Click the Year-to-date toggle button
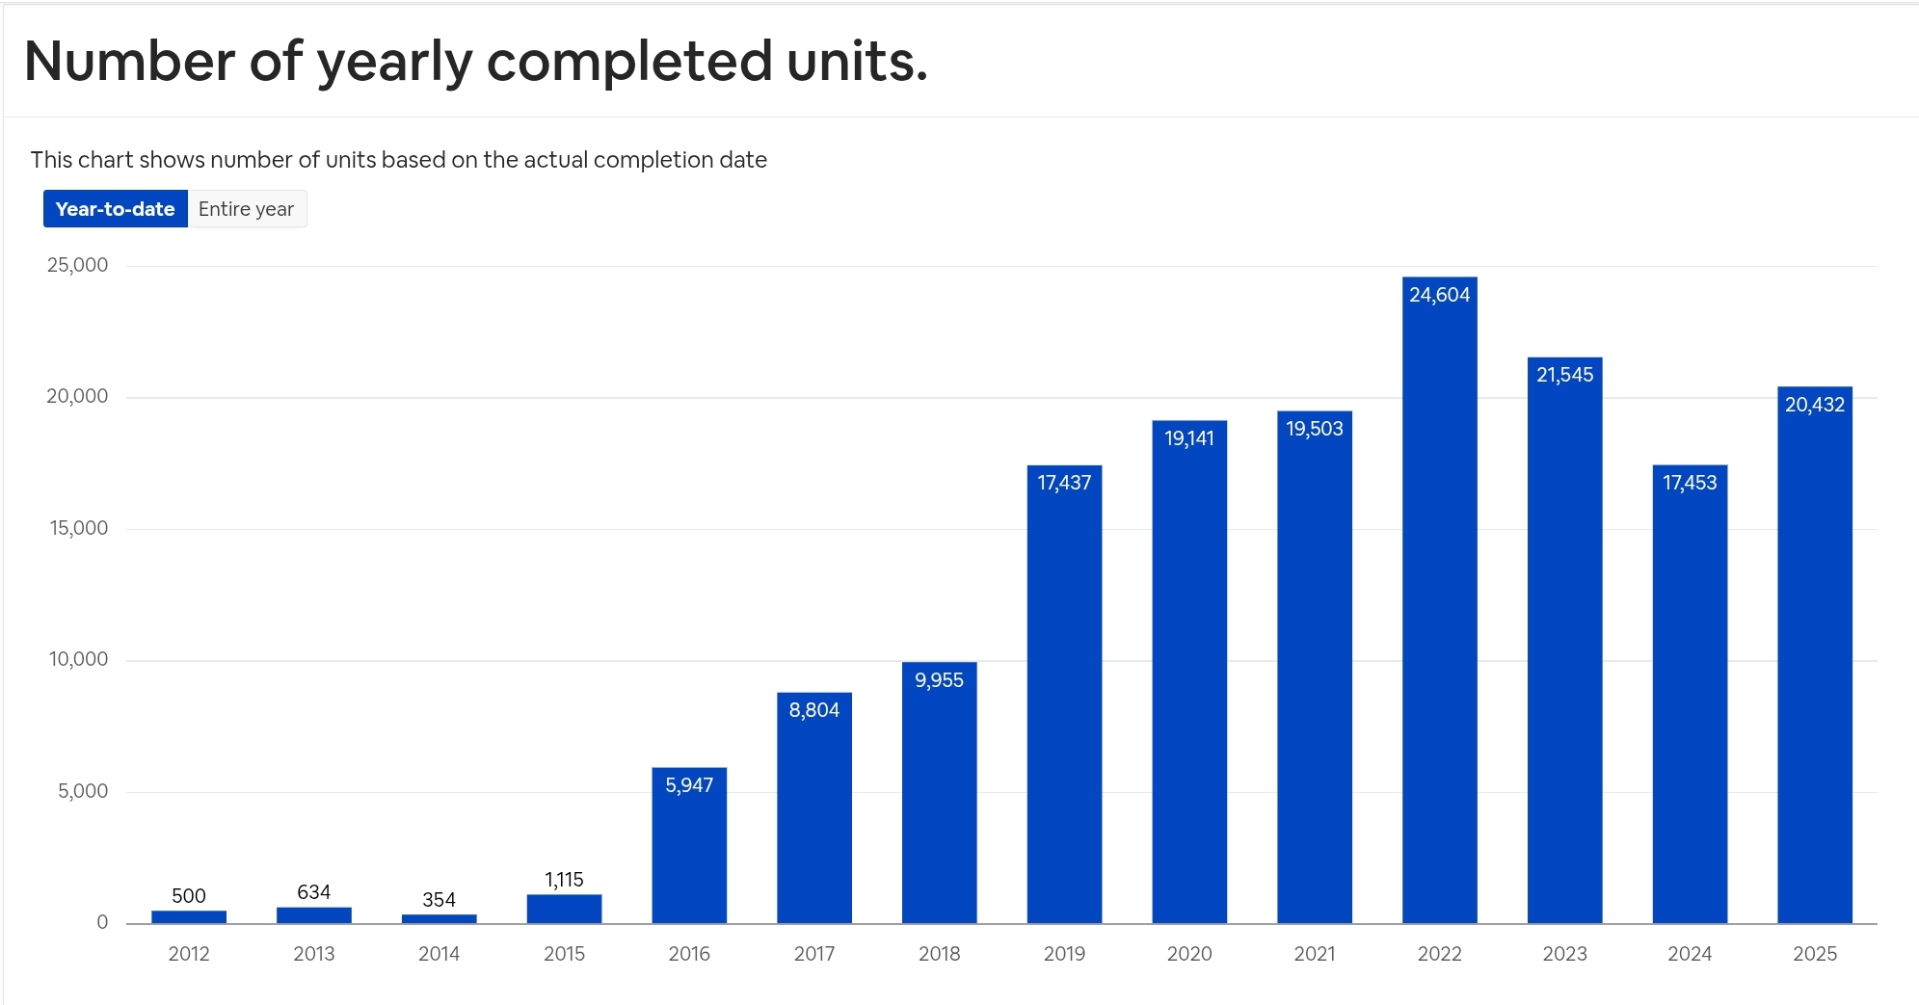(115, 209)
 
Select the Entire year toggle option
(246, 209)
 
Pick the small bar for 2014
(439, 918)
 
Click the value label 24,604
(1439, 295)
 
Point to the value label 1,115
(564, 880)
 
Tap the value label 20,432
(1814, 405)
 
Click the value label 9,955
(939, 680)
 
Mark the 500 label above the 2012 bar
(189, 896)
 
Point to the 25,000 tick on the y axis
(77, 265)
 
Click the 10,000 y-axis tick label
(78, 659)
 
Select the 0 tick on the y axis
(102, 922)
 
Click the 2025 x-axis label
(1814, 954)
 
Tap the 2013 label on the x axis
(314, 954)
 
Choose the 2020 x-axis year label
(1189, 954)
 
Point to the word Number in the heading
(129, 62)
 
